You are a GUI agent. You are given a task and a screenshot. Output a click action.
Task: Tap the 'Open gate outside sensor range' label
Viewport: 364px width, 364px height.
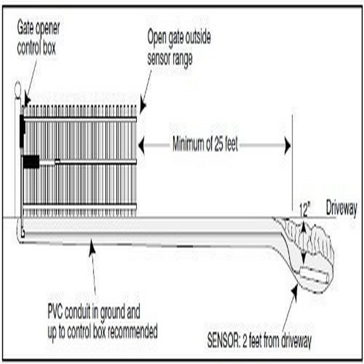point(178,49)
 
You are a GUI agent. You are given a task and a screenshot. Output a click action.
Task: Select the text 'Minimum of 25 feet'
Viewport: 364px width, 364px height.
point(205,146)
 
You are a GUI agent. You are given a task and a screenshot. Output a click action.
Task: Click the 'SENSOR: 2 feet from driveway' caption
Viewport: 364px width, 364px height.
point(258,339)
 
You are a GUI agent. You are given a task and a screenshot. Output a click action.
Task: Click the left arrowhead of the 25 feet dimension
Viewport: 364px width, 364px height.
point(142,146)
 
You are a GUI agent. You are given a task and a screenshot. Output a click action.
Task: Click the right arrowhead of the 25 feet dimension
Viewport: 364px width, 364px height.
point(287,146)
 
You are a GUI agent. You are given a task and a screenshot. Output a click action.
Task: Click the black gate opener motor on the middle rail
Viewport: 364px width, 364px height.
point(31,162)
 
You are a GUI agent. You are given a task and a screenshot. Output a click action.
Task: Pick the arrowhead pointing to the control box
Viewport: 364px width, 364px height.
point(26,101)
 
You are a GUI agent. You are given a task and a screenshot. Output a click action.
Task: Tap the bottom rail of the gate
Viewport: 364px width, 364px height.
point(80,207)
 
